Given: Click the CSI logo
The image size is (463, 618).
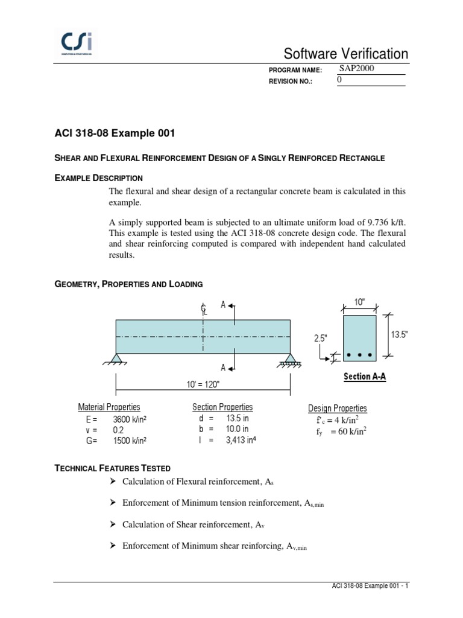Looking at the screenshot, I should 77,44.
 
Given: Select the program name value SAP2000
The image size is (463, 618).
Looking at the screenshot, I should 357,68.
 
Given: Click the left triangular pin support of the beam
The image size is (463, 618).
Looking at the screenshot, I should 116,358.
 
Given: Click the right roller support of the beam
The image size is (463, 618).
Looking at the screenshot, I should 291,359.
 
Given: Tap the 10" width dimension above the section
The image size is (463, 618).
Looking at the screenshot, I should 359,302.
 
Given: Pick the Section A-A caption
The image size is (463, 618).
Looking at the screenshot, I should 365,377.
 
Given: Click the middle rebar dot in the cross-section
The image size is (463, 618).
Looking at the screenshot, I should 359,354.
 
